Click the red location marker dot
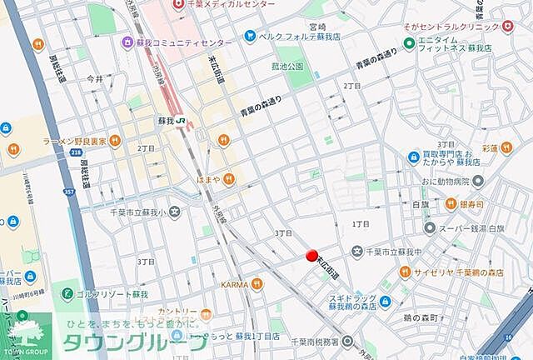312,257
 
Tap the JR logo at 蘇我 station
181,120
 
